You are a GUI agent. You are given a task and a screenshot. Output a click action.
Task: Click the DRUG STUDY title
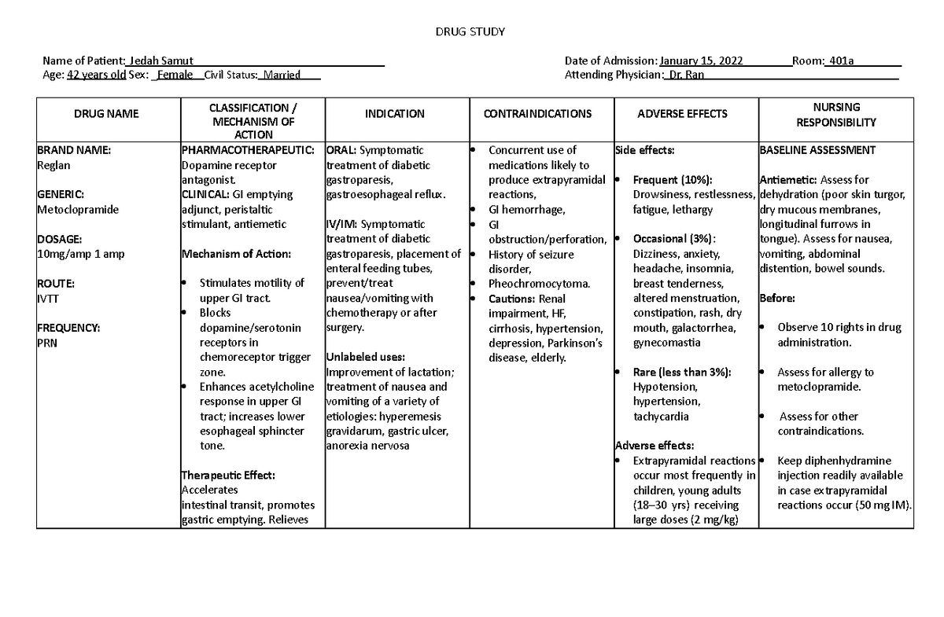click(x=470, y=31)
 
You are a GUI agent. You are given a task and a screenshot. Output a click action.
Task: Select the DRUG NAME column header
click(x=106, y=114)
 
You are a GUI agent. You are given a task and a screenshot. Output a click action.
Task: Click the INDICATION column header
click(x=395, y=114)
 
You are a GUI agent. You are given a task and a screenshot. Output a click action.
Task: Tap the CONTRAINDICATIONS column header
click(x=538, y=114)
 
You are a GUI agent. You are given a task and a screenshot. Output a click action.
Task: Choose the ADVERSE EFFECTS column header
click(x=682, y=114)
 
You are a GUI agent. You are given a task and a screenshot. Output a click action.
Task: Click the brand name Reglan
click(x=53, y=165)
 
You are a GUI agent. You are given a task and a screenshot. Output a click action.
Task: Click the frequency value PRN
click(x=47, y=343)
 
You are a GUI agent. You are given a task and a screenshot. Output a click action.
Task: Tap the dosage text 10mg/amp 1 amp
click(x=80, y=254)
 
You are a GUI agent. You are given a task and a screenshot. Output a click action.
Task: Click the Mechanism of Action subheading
click(x=225, y=254)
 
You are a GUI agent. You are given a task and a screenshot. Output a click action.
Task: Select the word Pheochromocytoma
click(x=539, y=284)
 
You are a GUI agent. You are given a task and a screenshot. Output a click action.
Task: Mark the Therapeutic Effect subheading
click(x=228, y=476)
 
